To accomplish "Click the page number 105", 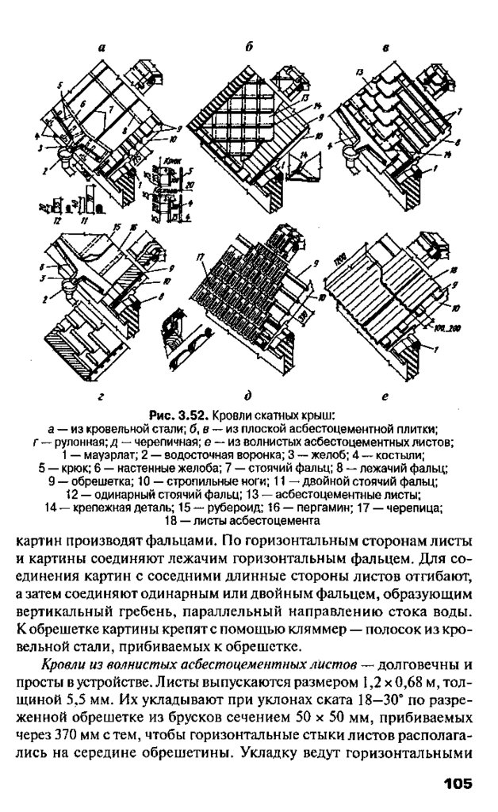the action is point(458,783).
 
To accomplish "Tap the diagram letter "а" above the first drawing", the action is point(102,48).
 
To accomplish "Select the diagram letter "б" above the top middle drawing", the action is point(248,47).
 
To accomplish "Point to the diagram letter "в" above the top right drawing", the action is point(385,48).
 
